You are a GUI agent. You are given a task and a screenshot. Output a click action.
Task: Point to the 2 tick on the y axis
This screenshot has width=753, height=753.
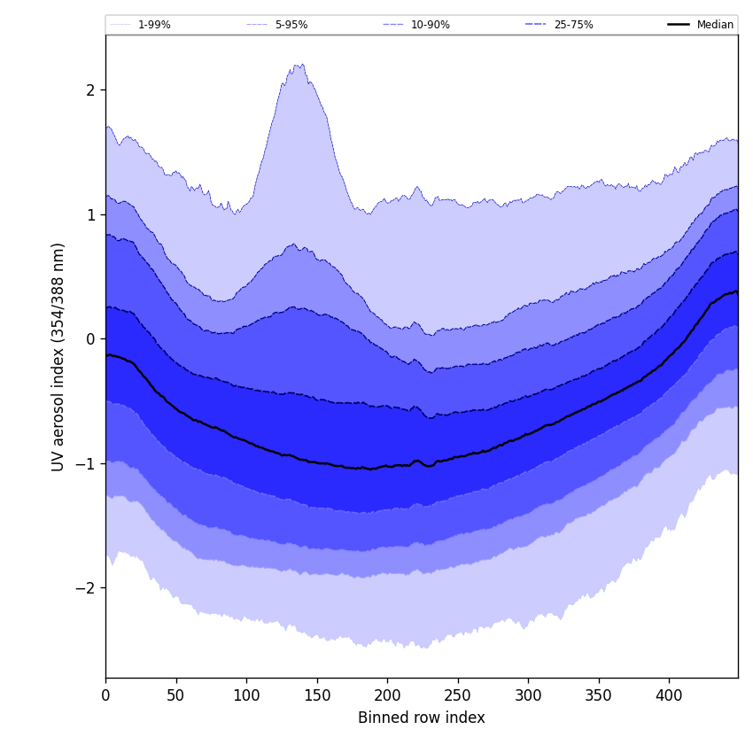click(x=90, y=89)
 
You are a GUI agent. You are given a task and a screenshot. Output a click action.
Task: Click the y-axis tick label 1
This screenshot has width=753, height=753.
click(x=90, y=214)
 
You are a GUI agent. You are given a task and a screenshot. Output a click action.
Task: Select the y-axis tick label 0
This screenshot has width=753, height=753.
click(x=90, y=338)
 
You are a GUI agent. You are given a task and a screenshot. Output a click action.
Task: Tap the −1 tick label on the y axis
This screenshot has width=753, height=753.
click(x=86, y=463)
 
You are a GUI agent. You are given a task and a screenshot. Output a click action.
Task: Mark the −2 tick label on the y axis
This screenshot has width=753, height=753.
click(x=86, y=587)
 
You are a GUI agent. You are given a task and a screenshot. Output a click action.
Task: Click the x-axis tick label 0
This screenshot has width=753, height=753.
click(x=105, y=695)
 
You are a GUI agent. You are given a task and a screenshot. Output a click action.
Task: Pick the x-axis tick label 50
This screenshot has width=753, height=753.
click(x=176, y=695)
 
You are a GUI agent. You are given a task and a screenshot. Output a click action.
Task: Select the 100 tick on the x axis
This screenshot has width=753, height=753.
click(x=246, y=695)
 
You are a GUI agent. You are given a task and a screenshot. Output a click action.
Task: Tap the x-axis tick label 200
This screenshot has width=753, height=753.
click(x=387, y=695)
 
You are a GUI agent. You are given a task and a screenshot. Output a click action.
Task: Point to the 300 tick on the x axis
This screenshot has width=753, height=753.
click(x=528, y=695)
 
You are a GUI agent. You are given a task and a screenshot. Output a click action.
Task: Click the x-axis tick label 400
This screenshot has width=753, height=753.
click(x=669, y=695)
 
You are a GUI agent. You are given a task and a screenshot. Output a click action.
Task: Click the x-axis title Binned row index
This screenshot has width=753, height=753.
click(x=422, y=718)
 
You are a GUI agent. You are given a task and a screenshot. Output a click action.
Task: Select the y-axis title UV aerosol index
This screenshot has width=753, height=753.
click(x=58, y=356)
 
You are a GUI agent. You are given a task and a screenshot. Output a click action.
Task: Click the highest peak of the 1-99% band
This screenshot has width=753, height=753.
click(x=301, y=64)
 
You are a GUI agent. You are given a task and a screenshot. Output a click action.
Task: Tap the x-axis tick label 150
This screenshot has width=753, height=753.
click(x=317, y=695)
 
